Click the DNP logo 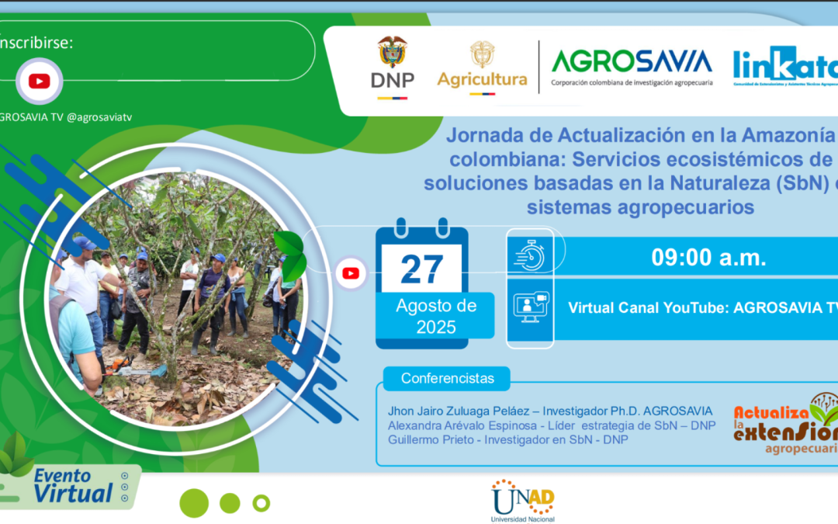[392, 67]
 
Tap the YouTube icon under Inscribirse [39, 81]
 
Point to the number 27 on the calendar [421, 269]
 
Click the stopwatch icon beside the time [531, 255]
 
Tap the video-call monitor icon [531, 307]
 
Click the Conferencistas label [447, 379]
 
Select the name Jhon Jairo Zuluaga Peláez [461, 411]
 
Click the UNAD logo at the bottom [522, 500]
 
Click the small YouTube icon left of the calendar [351, 272]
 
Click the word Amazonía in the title [784, 135]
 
